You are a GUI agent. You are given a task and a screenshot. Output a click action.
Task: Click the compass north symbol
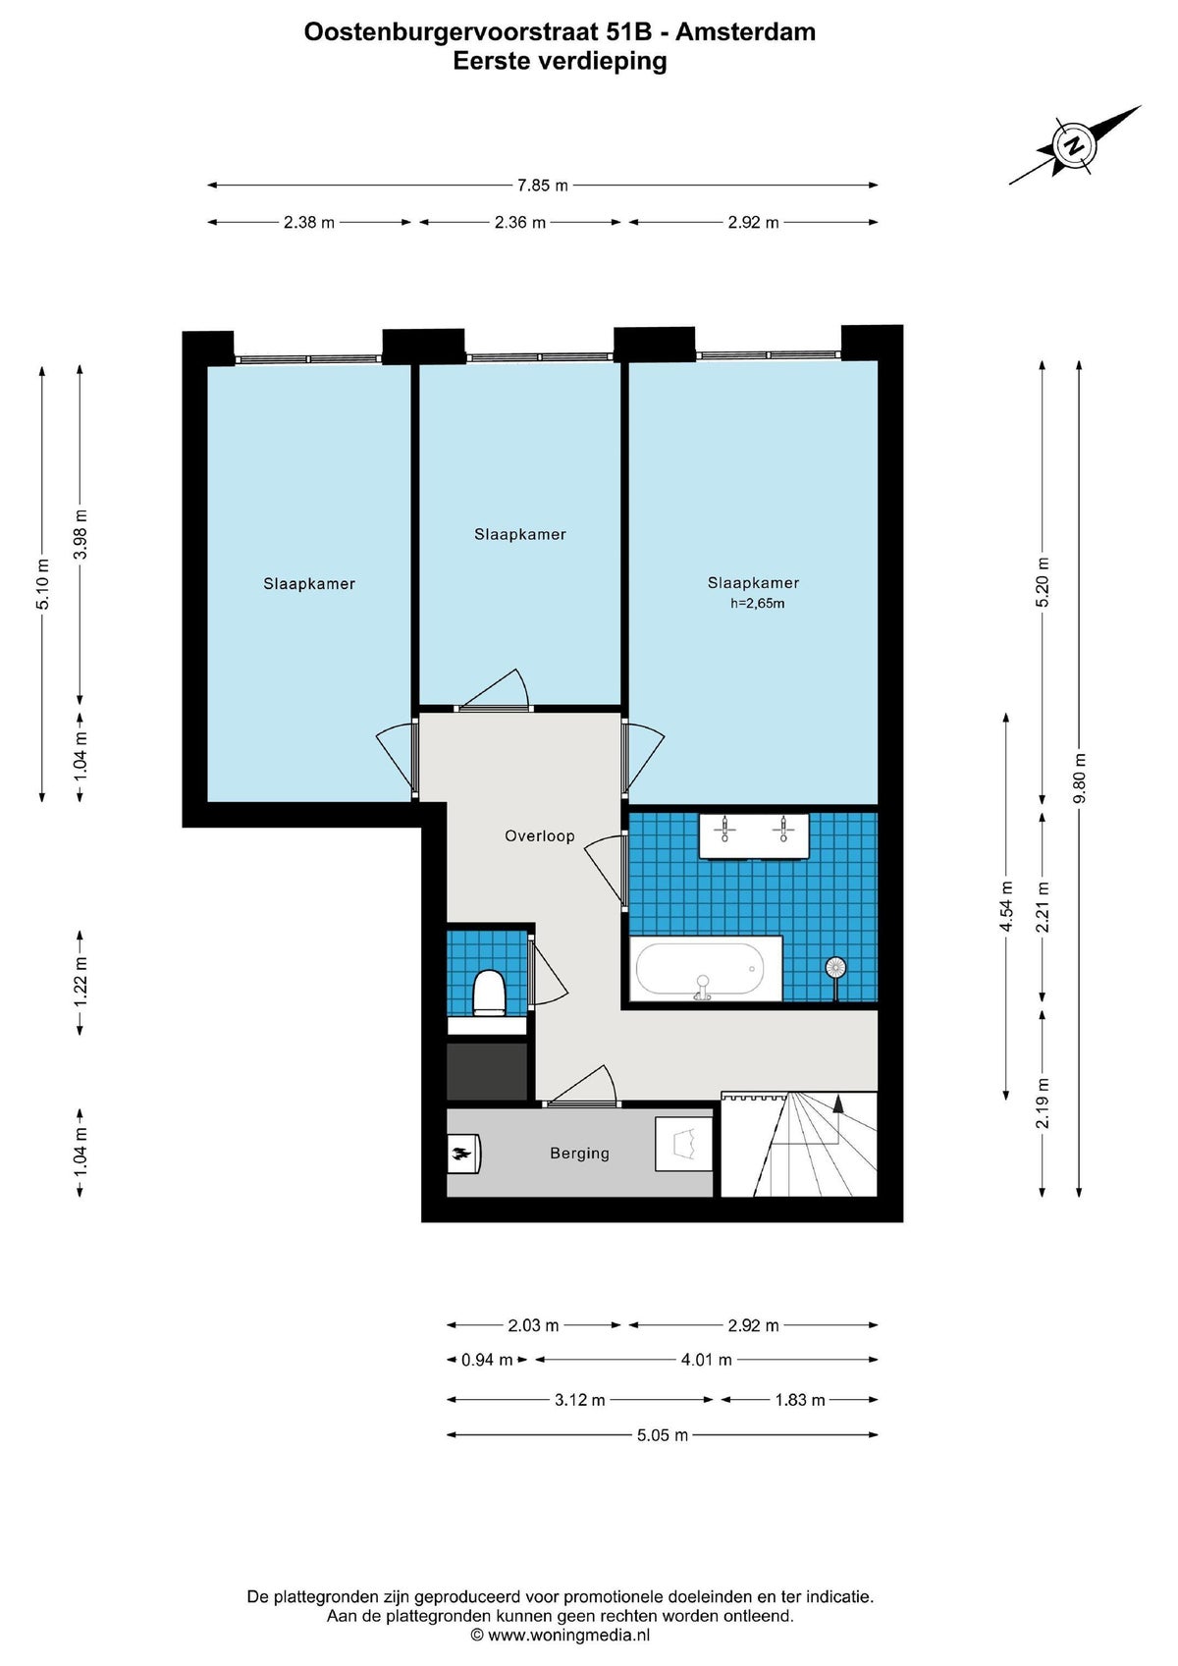pos(1074,145)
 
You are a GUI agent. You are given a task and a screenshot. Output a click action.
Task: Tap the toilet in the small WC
pos(489,993)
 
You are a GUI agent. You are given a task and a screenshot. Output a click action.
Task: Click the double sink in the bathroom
pos(753,835)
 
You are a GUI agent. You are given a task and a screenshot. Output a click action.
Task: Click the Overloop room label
pos(540,836)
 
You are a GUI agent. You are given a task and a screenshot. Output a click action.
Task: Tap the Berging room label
pos(579,1153)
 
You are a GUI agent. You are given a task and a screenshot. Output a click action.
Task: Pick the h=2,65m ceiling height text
pos(757,603)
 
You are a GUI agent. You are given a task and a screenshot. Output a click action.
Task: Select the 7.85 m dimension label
pos(543,186)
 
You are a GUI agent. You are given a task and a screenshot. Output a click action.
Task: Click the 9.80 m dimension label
pos(1080,778)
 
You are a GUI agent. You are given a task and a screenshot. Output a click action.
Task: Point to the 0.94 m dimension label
pos(487,1361)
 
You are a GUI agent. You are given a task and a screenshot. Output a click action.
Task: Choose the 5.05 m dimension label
pos(663,1434)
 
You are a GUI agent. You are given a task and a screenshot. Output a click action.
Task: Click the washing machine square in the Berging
pos(683,1144)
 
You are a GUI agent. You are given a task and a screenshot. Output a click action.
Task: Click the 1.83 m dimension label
pos(800,1400)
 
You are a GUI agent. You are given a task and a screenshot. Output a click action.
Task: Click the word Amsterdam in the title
pos(746,31)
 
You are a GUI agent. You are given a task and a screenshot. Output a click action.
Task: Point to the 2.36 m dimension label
pos(520,223)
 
